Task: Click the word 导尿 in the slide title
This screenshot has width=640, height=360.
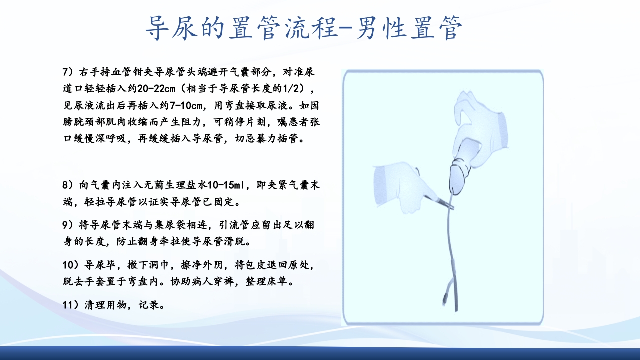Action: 165,28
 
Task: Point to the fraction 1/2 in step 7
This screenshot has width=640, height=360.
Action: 293,89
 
